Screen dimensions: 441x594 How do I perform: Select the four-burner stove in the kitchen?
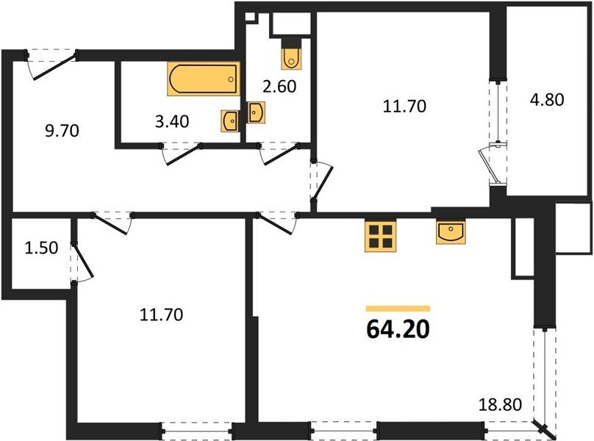pos(380,237)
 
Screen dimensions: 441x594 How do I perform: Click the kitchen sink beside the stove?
pos(450,232)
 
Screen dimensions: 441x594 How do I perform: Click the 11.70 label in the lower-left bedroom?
pos(161,315)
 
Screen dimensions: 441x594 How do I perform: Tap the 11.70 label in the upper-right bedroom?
pos(404,106)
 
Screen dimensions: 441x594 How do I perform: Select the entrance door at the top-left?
pos(51,63)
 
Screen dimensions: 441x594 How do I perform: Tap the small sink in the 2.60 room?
pos(256,112)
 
